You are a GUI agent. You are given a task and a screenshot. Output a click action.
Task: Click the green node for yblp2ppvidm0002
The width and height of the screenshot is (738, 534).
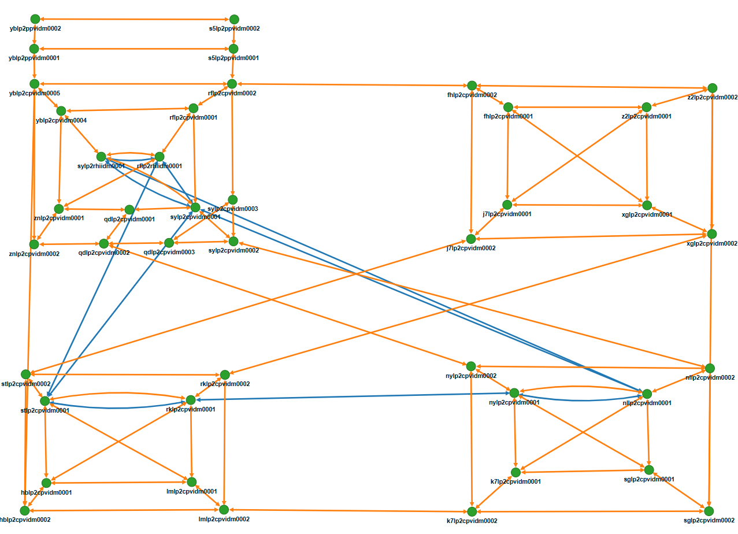[35, 19]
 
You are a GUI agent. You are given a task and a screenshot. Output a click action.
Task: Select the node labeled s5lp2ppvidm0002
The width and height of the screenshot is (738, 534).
[234, 20]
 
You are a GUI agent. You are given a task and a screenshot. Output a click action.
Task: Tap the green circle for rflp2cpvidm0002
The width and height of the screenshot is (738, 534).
[232, 84]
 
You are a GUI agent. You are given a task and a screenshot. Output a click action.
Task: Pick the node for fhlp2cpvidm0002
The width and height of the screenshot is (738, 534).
[472, 86]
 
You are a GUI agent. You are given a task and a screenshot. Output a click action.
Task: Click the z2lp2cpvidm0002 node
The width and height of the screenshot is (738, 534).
[712, 88]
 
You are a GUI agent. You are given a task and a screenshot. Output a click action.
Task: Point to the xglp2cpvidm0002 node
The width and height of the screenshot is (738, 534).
[712, 233]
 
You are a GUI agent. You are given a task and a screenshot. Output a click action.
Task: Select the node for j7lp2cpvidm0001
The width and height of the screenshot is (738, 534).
[507, 205]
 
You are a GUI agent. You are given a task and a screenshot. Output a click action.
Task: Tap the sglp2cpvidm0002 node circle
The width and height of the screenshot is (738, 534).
[709, 511]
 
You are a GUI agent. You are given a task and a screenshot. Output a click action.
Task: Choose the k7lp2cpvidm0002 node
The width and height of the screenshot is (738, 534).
[472, 511]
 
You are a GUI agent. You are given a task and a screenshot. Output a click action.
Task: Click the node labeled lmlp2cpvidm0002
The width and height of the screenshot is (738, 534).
[224, 509]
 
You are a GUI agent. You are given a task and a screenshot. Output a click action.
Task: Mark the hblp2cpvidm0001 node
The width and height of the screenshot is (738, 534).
[46, 483]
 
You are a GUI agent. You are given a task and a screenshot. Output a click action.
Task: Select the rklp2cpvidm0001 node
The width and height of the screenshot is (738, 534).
[191, 399]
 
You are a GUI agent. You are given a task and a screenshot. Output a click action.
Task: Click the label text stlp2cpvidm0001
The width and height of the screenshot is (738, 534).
[45, 411]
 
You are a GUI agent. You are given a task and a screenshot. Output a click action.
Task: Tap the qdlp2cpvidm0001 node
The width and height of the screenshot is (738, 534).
[129, 209]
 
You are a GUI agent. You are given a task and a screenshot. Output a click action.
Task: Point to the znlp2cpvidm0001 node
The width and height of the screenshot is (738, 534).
[58, 209]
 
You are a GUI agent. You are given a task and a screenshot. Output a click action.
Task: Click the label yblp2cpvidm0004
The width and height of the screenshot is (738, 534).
[61, 120]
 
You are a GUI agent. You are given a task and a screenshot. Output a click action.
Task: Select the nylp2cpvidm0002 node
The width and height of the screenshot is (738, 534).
[471, 366]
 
